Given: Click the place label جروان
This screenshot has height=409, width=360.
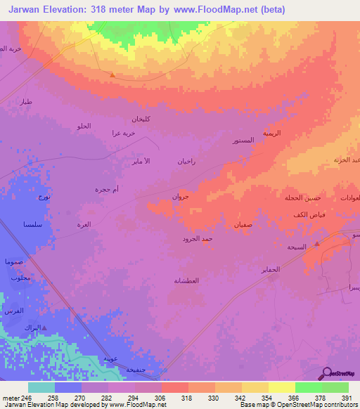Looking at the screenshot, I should coord(181,197).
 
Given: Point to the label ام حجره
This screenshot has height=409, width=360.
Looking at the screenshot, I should coord(107,189).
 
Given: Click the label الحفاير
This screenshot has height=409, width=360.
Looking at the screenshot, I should coord(271,269).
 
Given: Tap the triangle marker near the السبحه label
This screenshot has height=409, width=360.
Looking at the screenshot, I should coord(316,244).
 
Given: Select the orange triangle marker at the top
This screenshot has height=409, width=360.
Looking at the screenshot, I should coord(112,74).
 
